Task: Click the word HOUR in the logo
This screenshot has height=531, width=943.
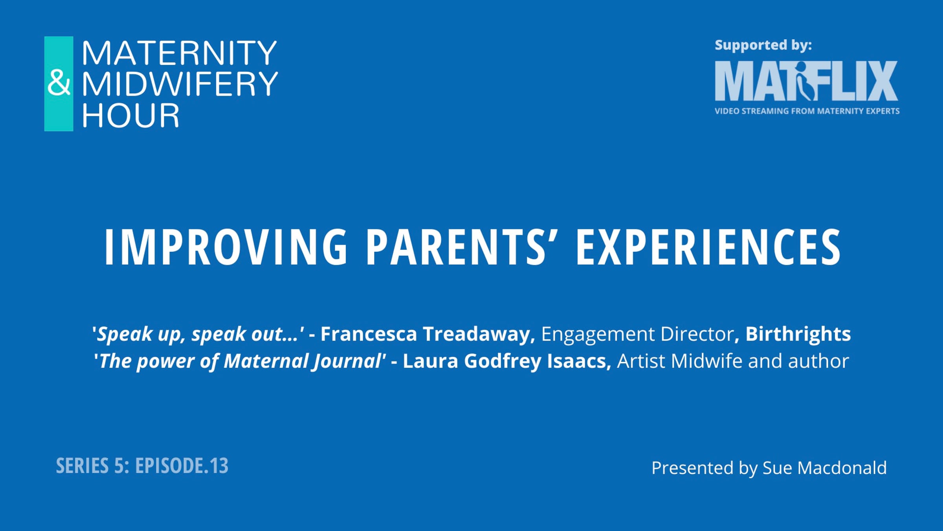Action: (130, 115)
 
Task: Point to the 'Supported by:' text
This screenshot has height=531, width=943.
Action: (763, 46)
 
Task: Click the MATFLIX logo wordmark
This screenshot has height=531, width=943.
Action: (806, 81)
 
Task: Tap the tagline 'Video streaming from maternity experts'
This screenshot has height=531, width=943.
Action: (807, 111)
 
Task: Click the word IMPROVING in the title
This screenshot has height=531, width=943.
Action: (226, 247)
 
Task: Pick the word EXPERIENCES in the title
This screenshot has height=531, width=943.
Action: (708, 247)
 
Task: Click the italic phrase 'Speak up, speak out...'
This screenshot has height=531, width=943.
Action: (198, 334)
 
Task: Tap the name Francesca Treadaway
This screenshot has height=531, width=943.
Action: (428, 334)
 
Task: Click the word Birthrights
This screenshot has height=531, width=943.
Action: (798, 334)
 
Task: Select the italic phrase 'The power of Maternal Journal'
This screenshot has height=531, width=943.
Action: (240, 361)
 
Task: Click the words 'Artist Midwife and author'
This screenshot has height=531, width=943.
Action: (733, 361)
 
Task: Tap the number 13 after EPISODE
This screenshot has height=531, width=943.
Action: (219, 466)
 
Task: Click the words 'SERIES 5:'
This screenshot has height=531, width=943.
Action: (93, 466)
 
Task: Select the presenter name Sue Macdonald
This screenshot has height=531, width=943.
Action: (824, 468)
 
